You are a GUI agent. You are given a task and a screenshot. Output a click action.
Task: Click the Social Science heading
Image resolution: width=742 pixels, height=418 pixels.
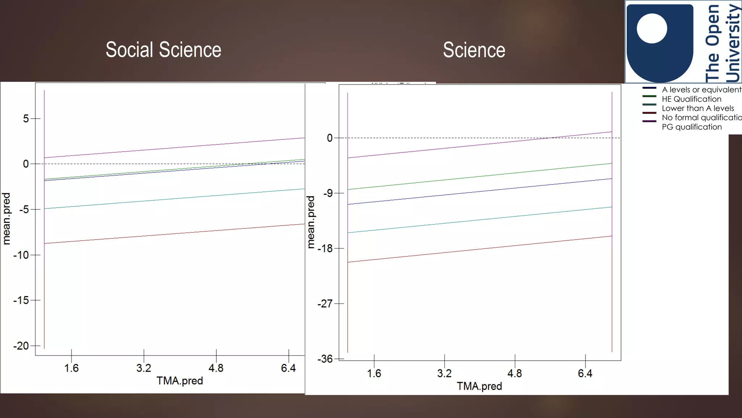point(163,50)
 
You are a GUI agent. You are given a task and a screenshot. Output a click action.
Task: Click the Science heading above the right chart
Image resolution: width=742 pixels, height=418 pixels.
point(474,50)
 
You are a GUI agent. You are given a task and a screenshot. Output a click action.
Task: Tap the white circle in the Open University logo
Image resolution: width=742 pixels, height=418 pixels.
point(652,28)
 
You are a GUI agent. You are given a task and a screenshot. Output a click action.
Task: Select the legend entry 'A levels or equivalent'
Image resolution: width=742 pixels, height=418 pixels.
point(701,90)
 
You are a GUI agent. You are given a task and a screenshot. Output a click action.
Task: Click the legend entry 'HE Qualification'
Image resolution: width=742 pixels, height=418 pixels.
point(691,99)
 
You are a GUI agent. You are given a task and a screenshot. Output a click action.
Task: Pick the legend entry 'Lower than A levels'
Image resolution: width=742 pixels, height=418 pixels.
point(697,108)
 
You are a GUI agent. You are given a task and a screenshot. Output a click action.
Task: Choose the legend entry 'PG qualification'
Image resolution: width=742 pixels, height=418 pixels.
point(692,127)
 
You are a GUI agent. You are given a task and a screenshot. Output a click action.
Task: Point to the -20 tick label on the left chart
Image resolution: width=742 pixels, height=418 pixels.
point(21,346)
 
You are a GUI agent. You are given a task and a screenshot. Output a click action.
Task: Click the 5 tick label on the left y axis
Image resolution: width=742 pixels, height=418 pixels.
point(26,119)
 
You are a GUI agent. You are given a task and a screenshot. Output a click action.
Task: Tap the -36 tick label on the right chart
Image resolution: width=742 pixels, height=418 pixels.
point(325,359)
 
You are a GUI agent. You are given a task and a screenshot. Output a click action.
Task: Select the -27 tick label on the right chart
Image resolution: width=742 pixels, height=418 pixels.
point(325,304)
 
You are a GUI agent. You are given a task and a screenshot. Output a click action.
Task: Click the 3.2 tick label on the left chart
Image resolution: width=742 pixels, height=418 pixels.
point(144,368)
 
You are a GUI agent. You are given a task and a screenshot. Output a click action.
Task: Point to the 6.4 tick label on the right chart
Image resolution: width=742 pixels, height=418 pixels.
point(585,373)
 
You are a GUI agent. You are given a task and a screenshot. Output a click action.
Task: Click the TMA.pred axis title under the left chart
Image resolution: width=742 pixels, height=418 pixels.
point(180,381)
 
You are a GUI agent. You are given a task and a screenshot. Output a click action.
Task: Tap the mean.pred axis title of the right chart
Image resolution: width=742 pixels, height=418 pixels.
point(311,222)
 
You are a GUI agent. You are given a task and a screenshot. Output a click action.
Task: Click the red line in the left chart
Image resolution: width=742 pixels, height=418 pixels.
point(174,234)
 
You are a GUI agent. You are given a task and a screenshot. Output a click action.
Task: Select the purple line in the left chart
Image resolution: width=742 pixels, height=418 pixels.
point(174,148)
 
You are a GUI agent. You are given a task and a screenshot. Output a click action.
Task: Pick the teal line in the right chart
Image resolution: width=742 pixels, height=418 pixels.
point(480,220)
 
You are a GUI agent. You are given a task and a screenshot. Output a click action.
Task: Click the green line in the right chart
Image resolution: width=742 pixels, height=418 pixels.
point(480,176)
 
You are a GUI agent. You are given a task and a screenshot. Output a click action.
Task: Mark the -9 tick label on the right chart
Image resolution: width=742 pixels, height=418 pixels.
point(328,193)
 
